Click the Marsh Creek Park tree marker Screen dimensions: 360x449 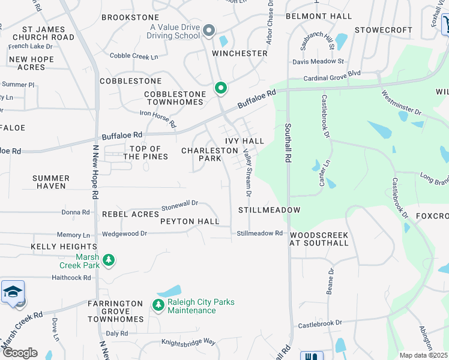109,260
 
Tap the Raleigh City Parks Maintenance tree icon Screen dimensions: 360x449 159,305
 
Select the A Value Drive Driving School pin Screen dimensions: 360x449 209,30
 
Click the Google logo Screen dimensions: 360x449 20,353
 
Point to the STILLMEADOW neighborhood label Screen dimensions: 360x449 269,210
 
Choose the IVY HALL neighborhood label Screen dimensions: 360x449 245,140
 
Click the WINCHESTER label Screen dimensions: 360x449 240,53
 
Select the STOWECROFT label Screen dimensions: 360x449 384,29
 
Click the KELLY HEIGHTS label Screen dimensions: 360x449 64,247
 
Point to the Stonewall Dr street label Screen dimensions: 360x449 179,206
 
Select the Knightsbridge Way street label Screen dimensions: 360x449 188,341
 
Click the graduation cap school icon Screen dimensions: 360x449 13,292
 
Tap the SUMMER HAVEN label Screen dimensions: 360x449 50,182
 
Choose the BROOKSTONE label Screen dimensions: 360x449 130,17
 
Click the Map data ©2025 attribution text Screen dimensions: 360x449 424,355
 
